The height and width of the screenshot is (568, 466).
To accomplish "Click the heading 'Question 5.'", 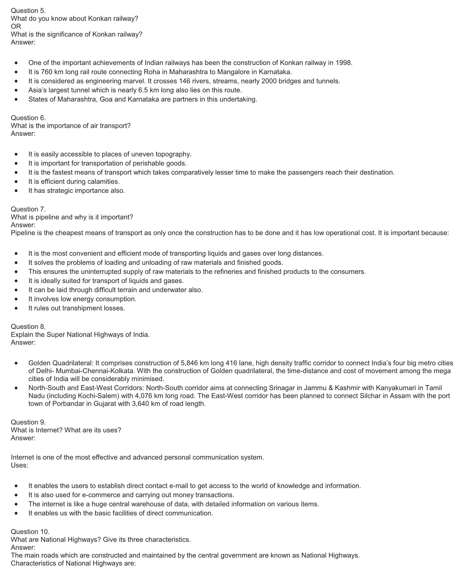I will [x=28, y=11].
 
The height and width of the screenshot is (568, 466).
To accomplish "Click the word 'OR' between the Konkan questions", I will [x=16, y=26].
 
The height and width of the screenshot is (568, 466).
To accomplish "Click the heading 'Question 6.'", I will [x=28, y=118].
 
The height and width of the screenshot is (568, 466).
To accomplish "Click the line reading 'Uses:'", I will [x=19, y=465].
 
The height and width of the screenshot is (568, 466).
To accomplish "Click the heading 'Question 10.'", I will [x=30, y=532].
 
